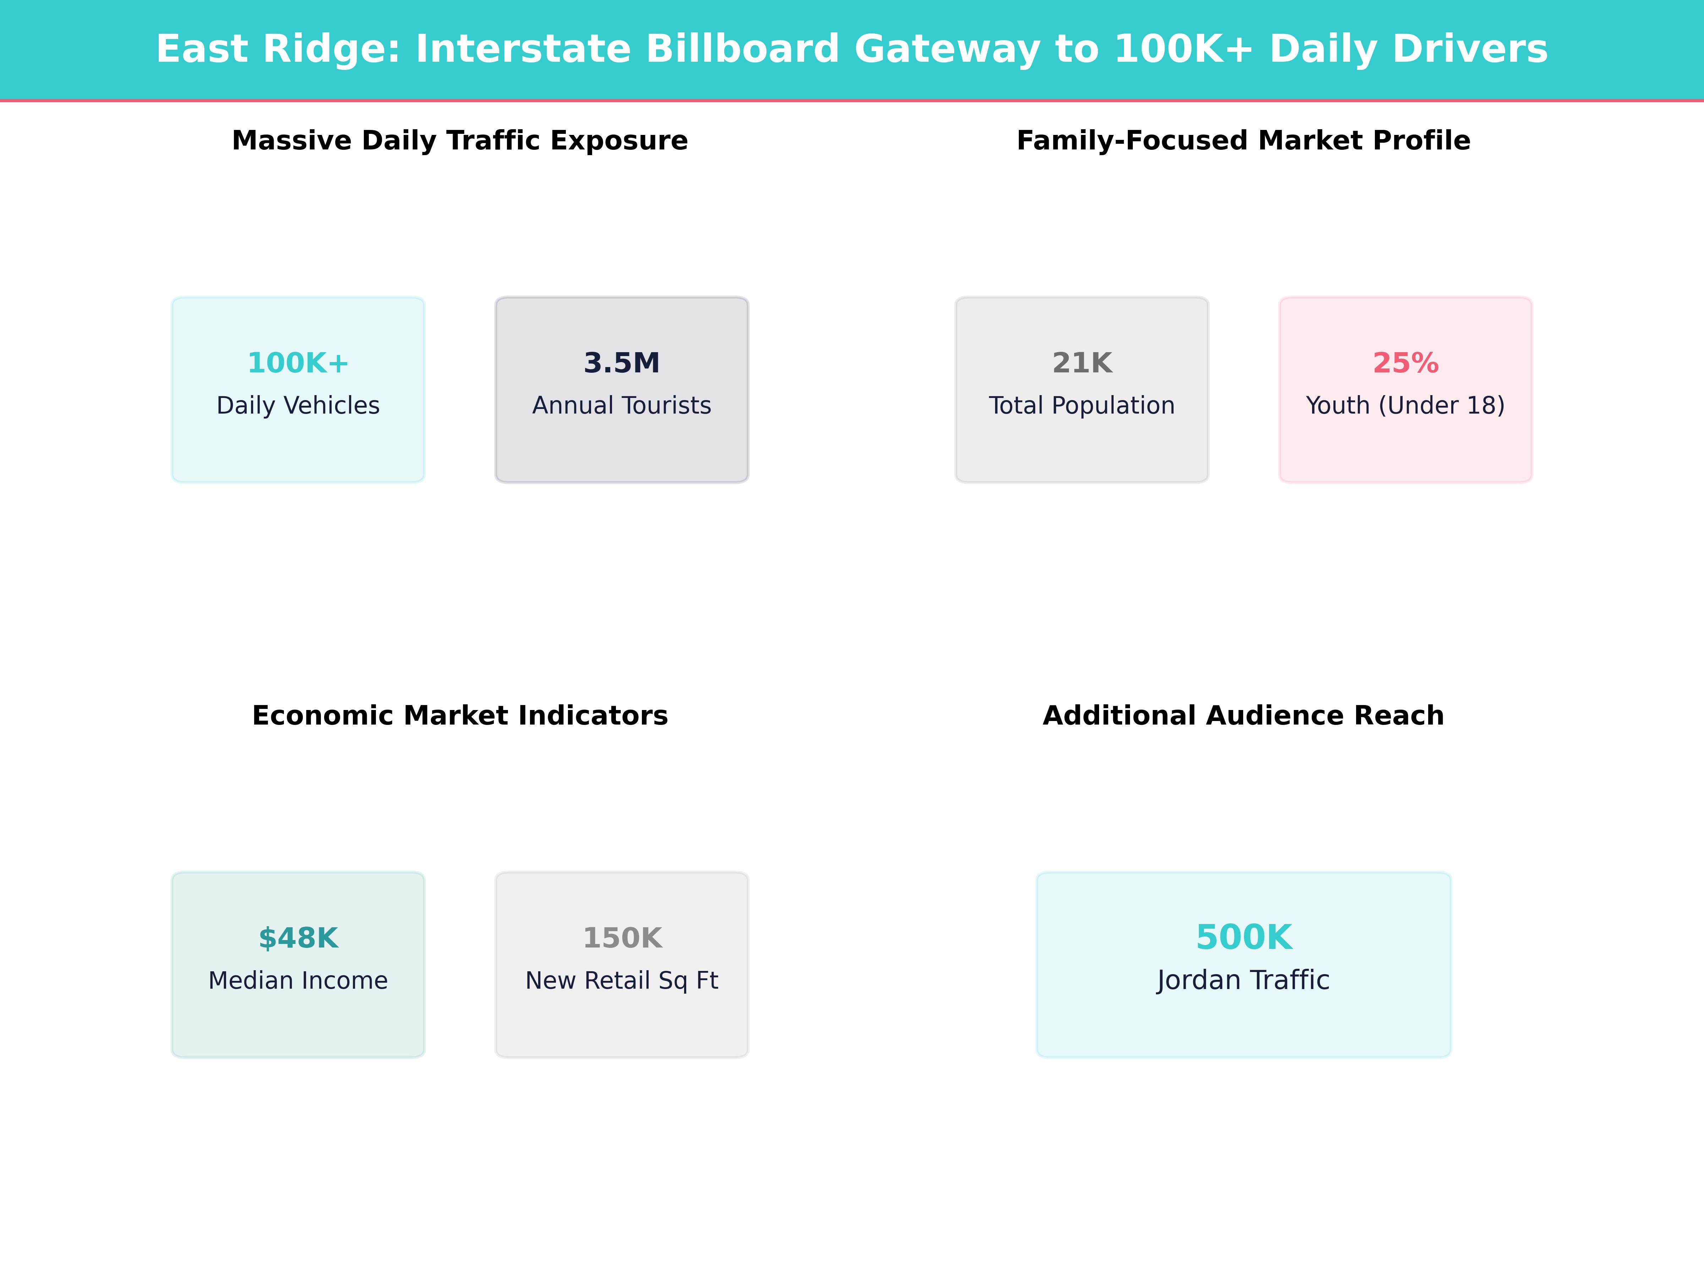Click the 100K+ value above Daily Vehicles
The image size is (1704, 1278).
coord(298,363)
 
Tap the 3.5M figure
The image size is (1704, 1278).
coord(622,363)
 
